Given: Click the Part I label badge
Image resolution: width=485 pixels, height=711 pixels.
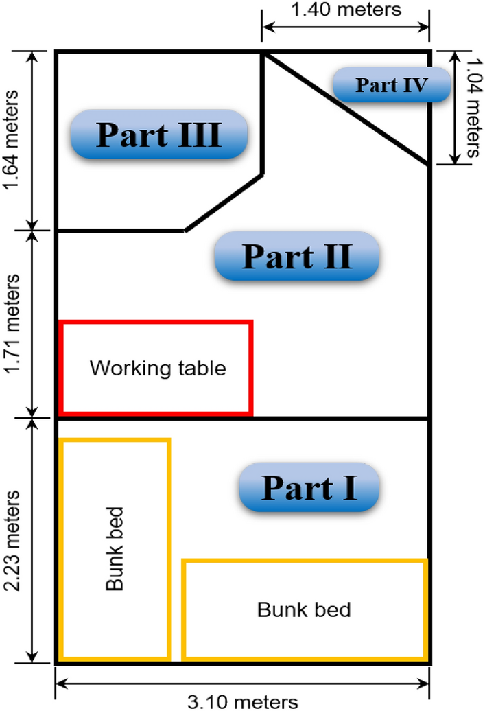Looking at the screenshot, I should pos(309,487).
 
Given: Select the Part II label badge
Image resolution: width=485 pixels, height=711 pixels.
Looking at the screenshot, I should pos(296,256).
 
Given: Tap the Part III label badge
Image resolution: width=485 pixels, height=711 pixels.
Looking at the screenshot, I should pos(158,135).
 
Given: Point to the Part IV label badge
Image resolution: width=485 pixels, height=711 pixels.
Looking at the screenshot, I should pos(392,85).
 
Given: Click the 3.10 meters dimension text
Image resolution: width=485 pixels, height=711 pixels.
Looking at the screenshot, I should pos(243,702).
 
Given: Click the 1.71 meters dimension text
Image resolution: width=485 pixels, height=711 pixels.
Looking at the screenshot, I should pos(11,323).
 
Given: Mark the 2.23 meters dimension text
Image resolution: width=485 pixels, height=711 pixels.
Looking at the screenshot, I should pos(11,540).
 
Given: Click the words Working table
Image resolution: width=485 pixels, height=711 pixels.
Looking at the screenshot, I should pos(158,369).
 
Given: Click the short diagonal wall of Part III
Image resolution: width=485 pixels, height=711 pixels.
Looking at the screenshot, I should pos(224,203).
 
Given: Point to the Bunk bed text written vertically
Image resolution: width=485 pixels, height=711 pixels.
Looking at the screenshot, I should pos(115,549).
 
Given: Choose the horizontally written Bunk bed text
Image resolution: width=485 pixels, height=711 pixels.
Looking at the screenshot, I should pos(304,609).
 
